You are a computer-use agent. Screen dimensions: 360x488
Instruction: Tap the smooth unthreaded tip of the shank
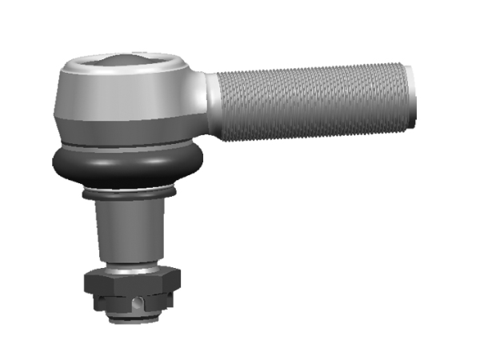pyautogui.click(x=410, y=96)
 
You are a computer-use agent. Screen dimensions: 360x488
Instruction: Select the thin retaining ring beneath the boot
pyautogui.click(x=128, y=195)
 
